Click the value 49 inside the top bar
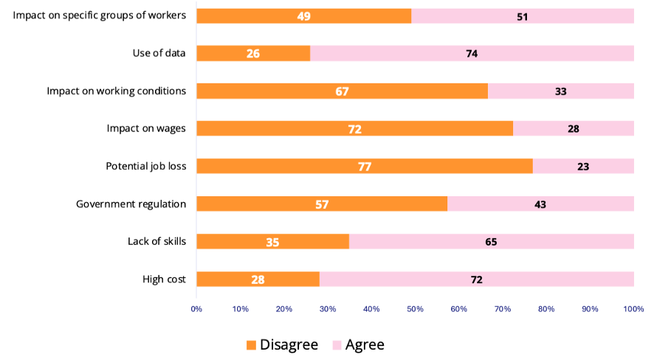point(304,16)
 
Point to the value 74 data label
point(472,54)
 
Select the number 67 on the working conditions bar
point(342,91)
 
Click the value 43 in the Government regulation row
point(540,204)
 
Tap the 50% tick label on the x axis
point(415,308)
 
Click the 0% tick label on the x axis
point(196,308)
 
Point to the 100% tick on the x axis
point(633,308)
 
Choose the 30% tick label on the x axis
point(328,308)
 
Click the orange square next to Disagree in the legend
point(251,345)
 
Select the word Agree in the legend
point(365,345)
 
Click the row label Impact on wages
point(146,128)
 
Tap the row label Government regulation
point(131,204)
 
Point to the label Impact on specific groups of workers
point(100,15)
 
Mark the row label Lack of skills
point(156,241)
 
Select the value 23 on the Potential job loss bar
point(583,167)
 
